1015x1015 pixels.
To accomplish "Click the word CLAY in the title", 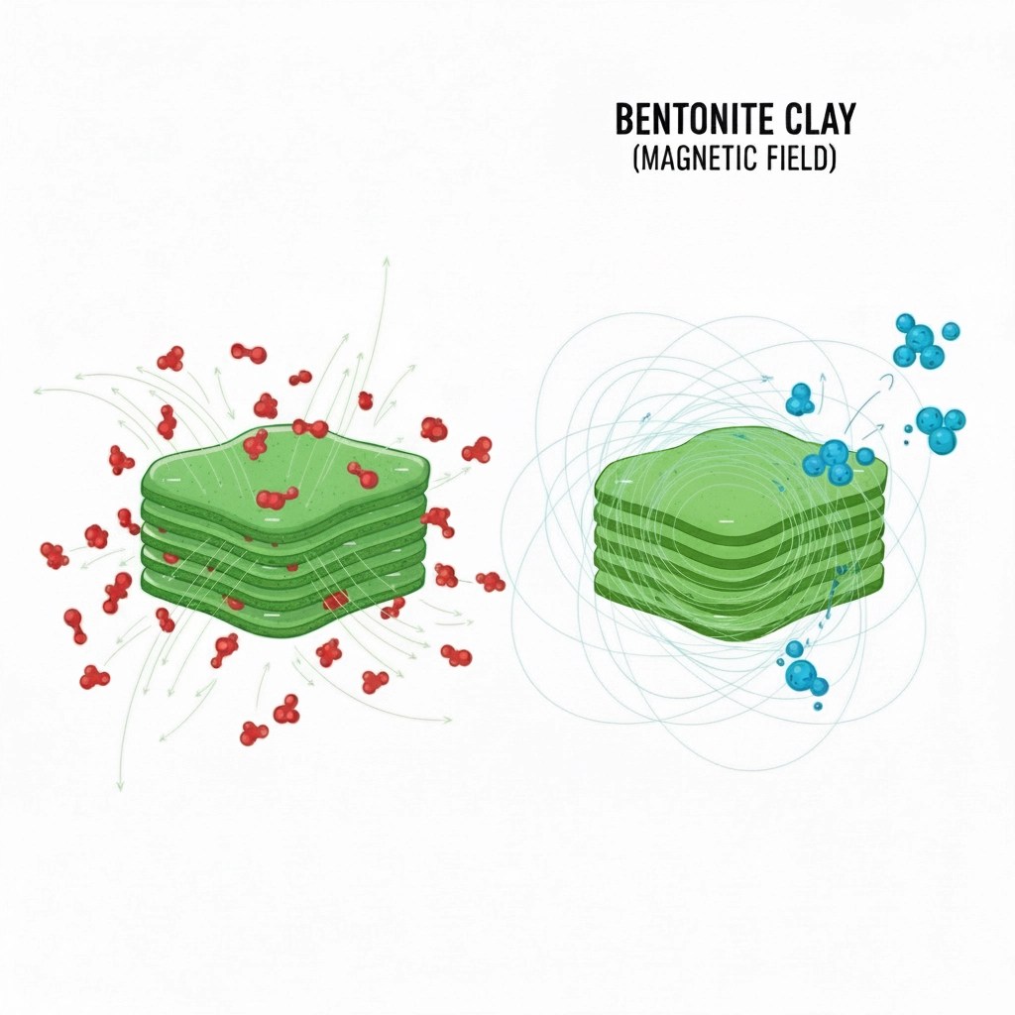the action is pyautogui.click(x=820, y=119).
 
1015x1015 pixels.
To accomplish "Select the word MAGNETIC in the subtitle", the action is pyautogui.click(x=697, y=160).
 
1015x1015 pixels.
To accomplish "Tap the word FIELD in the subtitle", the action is pyautogui.click(x=795, y=160).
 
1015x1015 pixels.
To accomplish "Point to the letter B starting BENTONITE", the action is pyautogui.click(x=623, y=119).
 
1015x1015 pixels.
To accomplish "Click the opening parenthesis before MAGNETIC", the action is pyautogui.click(x=635, y=160).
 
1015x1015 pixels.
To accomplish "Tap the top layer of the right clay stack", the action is pyautogui.click(x=737, y=476).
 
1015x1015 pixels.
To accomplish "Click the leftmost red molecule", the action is pyautogui.click(x=55, y=555).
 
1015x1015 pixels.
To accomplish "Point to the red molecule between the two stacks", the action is pyautogui.click(x=491, y=581).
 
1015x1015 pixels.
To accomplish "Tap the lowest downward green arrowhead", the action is pyautogui.click(x=120, y=786).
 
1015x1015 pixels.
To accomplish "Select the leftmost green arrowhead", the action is pyautogui.click(x=38, y=391).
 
